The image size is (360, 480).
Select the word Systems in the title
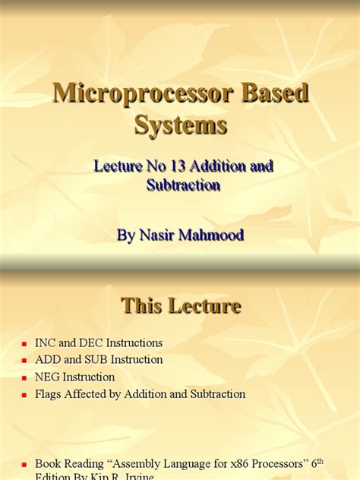point(181,124)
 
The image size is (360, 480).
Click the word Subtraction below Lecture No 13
point(183,185)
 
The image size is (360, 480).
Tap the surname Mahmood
point(211,235)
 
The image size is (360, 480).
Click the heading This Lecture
point(181,306)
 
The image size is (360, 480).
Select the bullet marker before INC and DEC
point(25,344)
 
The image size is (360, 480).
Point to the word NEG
point(48,377)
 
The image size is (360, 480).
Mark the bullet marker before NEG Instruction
point(25,378)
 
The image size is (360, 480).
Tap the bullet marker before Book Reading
point(25,463)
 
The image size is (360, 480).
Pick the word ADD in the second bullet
point(48,360)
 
